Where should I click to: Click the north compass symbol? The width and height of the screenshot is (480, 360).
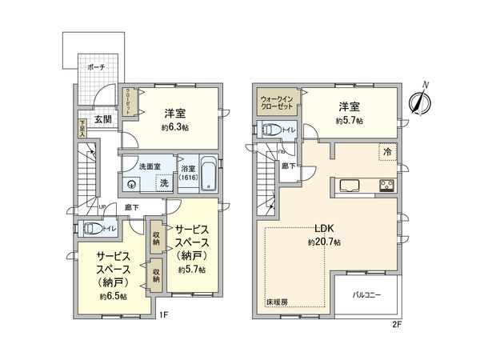coord(420,100)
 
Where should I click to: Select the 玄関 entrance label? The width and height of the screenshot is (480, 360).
coord(103,119)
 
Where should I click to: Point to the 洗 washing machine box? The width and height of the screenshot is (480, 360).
coord(163,183)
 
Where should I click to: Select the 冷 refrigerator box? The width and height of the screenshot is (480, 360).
coord(386,150)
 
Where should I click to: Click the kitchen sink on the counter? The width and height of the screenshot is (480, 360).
coord(352,186)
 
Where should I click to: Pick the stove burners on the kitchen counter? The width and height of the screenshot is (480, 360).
coord(386,186)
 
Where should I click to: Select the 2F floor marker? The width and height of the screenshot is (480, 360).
coord(397,324)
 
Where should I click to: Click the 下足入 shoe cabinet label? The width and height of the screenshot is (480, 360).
coord(82,129)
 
